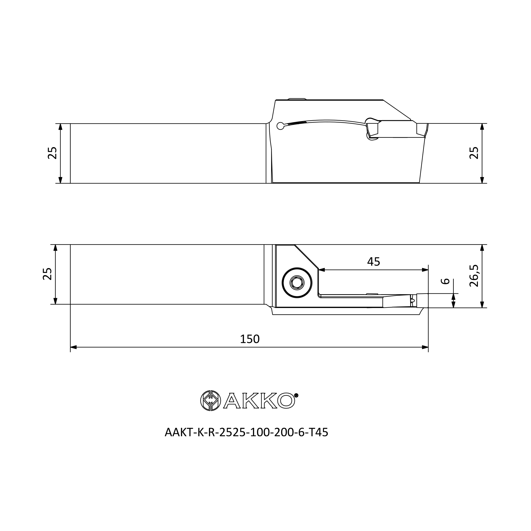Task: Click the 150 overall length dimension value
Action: click(x=250, y=339)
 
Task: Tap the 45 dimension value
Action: click(x=374, y=262)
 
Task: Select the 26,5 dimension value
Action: click(x=474, y=276)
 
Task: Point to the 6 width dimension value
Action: click(x=445, y=281)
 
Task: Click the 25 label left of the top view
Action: click(x=52, y=153)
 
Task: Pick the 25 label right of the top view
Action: click(x=474, y=153)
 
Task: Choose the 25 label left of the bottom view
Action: click(x=47, y=274)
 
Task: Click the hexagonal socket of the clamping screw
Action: click(x=297, y=282)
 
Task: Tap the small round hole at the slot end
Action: click(x=280, y=126)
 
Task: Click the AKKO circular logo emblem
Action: click(x=211, y=400)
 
